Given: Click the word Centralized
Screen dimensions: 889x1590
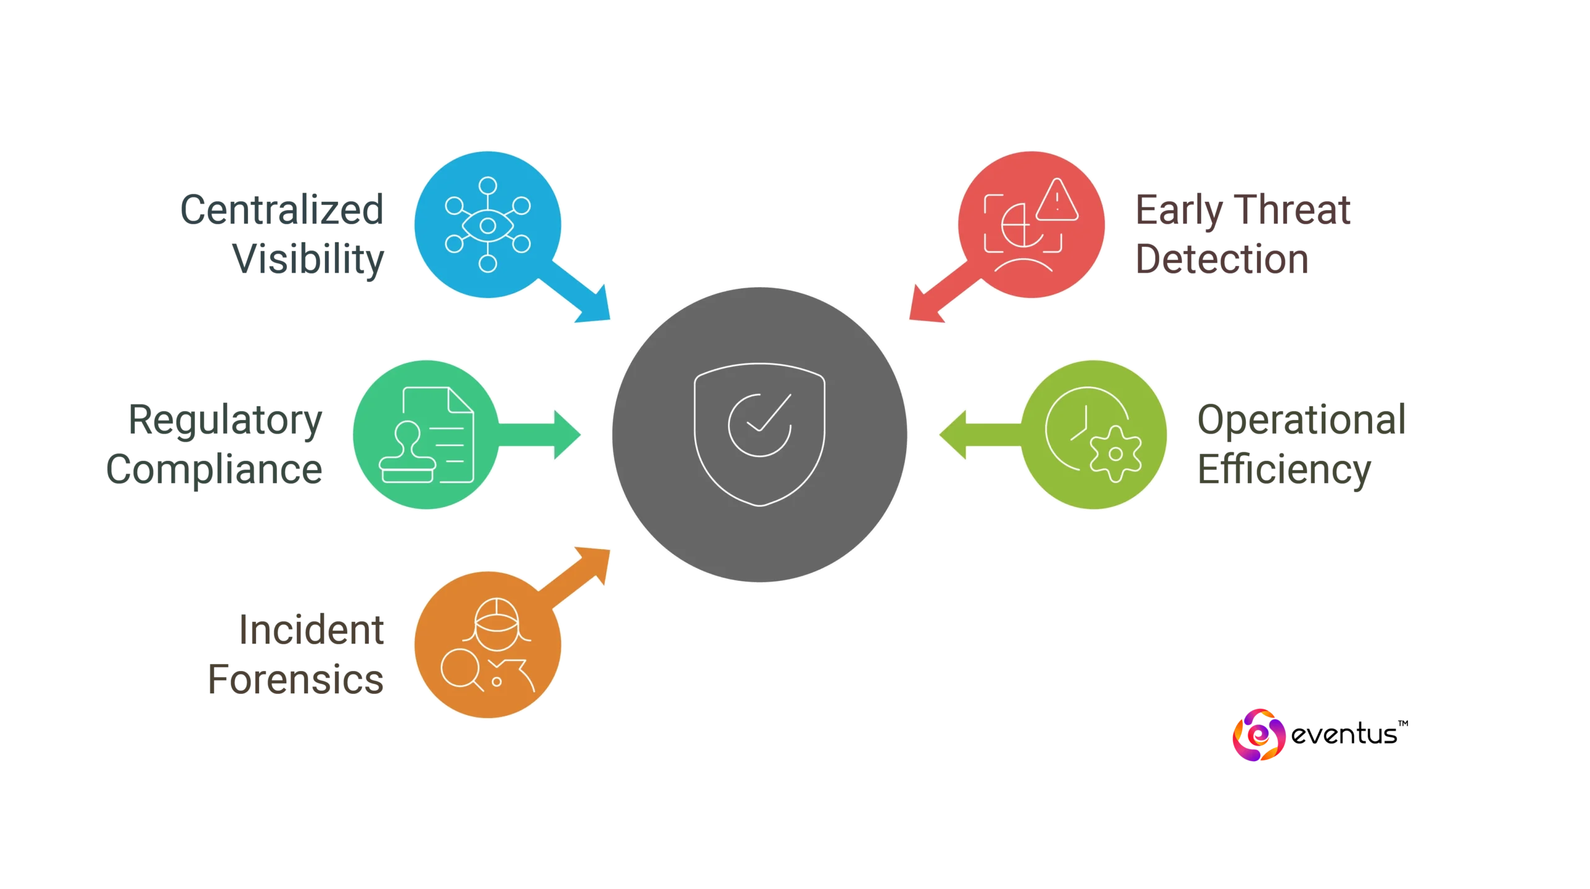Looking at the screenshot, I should click(281, 211).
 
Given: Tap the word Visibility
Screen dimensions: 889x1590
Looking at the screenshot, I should click(309, 258).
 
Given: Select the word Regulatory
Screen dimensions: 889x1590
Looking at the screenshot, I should click(225, 422).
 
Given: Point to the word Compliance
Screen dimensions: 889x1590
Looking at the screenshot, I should click(214, 470).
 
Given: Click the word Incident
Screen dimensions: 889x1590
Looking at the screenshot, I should click(312, 631).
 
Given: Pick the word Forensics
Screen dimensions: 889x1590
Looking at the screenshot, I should click(297, 679).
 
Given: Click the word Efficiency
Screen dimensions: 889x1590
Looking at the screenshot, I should click(1284, 470).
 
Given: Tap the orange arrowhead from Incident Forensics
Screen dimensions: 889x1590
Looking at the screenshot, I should click(591, 565).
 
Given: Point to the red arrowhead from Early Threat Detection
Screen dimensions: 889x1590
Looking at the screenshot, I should click(927, 304).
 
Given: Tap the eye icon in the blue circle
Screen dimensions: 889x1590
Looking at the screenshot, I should click(488, 224).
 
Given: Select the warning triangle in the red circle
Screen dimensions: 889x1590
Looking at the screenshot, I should click(1057, 200).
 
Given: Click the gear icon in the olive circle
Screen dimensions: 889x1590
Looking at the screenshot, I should click(1115, 454).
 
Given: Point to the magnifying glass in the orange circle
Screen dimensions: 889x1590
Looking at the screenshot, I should click(460, 668).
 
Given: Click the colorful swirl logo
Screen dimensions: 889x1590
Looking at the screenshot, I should click(1259, 736).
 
